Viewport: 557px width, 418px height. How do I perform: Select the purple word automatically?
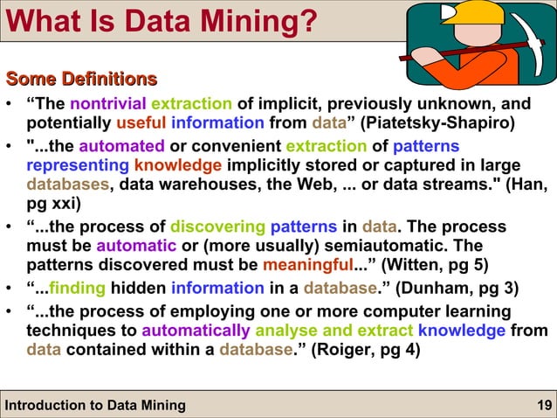click(195, 331)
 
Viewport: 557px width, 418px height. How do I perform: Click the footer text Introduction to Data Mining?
click(95, 404)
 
